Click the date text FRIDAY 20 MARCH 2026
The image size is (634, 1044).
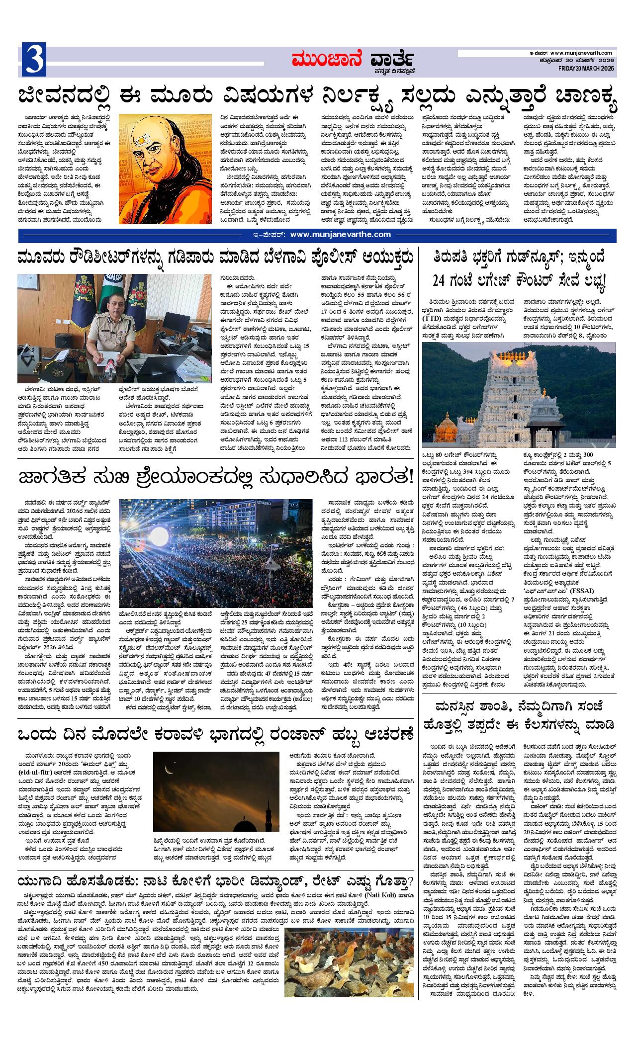[582, 68]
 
